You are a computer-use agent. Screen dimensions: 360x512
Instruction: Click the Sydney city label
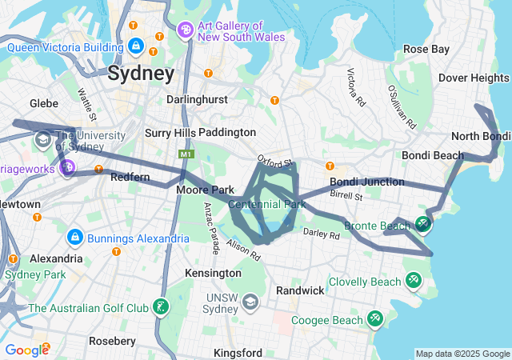140,74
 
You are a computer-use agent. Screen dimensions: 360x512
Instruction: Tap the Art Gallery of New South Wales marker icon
185,30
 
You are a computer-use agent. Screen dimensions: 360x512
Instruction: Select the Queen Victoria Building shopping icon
136,46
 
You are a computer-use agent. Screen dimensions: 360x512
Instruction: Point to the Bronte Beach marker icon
423,226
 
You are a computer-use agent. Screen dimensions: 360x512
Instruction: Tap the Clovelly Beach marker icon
414,281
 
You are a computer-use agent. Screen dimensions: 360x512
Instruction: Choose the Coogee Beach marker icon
375,319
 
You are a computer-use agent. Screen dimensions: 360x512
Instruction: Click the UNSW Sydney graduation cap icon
250,302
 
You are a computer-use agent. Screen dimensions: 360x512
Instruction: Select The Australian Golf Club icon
162,307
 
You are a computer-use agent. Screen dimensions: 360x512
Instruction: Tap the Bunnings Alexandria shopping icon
75,238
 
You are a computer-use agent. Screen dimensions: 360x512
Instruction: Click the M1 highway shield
186,153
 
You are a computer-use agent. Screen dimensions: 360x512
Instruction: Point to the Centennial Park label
267,205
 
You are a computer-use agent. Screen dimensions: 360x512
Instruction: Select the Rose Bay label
426,50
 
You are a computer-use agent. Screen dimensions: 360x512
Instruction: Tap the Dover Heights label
474,78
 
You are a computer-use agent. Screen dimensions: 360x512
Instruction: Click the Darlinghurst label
197,99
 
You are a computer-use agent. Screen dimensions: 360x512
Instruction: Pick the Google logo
26,350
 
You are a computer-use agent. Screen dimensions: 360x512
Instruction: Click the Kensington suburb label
213,273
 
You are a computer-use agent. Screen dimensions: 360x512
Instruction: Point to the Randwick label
300,290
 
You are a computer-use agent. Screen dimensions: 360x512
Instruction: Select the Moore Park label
205,190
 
